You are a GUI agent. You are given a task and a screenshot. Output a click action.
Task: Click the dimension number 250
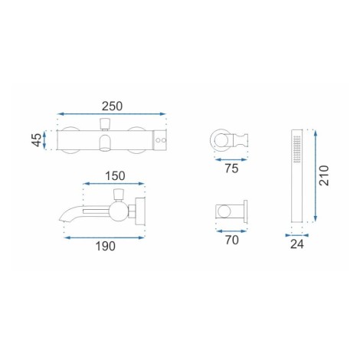tap(112, 106)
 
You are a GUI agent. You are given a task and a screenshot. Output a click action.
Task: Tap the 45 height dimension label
tap(37, 140)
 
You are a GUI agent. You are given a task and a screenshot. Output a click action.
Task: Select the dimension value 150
tap(115, 175)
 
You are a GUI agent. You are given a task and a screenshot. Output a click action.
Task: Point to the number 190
tap(105, 246)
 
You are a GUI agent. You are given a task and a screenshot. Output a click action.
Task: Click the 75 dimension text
tap(231, 169)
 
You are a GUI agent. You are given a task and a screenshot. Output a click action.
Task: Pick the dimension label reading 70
tap(231, 240)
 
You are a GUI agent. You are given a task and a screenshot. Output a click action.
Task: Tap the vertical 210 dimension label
tap(324, 175)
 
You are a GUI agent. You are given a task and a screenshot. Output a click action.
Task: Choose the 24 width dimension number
tap(297, 244)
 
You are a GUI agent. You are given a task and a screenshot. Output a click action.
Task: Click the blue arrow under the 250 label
tap(112, 114)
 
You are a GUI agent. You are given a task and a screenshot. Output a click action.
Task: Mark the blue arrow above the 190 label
tap(104, 237)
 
